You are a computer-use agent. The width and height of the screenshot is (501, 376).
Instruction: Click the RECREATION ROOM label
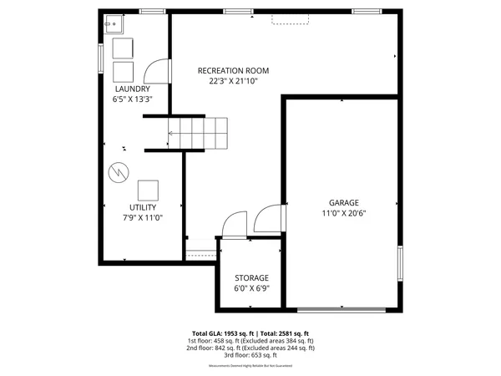click(x=233, y=70)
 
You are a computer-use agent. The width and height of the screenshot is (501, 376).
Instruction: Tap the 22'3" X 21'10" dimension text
click(x=233, y=81)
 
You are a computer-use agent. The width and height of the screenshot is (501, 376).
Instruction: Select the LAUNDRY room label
click(x=133, y=89)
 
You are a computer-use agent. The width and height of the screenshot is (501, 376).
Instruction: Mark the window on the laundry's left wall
click(x=101, y=57)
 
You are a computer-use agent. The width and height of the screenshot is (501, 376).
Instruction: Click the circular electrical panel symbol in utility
click(x=118, y=173)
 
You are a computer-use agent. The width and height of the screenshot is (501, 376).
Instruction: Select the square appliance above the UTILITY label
click(x=149, y=189)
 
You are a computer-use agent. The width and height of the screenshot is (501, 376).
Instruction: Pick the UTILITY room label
click(x=143, y=207)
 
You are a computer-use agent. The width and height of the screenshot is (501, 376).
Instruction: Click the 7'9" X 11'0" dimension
click(x=143, y=217)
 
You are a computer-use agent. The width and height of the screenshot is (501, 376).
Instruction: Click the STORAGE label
click(x=251, y=277)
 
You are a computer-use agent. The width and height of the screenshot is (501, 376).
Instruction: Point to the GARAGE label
click(x=343, y=202)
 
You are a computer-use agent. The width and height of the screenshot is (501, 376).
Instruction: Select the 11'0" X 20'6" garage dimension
click(x=343, y=213)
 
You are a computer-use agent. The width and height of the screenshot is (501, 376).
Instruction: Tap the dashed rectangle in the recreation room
click(x=289, y=18)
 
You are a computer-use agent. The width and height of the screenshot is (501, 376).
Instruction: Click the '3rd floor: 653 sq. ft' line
click(x=251, y=355)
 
